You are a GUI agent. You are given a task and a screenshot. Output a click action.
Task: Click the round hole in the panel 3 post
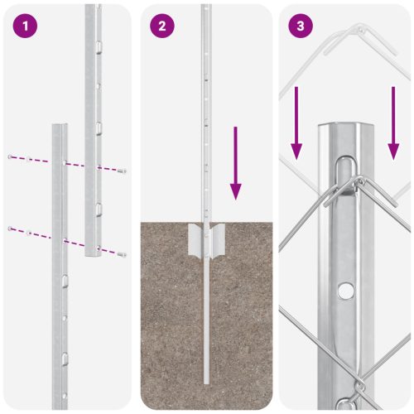click(344, 291)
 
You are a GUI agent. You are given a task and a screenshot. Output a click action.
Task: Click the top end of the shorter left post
click(60, 127)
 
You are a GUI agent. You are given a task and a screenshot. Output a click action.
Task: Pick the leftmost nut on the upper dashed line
click(10, 156)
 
